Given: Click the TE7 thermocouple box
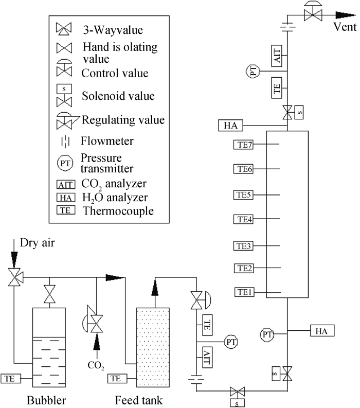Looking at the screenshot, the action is [243, 145].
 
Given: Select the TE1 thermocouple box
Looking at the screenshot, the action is [244, 292].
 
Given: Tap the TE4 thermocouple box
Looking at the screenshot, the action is [243, 219].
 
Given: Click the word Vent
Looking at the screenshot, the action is [345, 27].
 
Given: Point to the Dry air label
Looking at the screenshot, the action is [37, 242].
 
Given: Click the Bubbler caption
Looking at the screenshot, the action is [46, 400].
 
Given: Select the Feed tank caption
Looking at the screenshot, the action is [139, 400].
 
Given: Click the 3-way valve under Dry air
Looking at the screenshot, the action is [15, 277].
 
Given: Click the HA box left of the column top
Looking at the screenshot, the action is [230, 126].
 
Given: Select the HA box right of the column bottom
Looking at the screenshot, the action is [322, 331].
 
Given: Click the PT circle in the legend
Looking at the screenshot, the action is [65, 164].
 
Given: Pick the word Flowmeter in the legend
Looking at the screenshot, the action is [107, 141].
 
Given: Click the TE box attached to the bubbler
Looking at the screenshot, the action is [11, 379].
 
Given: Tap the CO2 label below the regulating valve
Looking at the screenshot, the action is [96, 366].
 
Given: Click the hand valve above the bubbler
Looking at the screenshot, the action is [49, 294].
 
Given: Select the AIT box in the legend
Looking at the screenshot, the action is [66, 185].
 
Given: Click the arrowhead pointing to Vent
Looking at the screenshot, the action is [346, 15].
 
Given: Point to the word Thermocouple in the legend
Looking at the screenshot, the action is [118, 211].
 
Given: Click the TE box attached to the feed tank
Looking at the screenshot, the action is [117, 379].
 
